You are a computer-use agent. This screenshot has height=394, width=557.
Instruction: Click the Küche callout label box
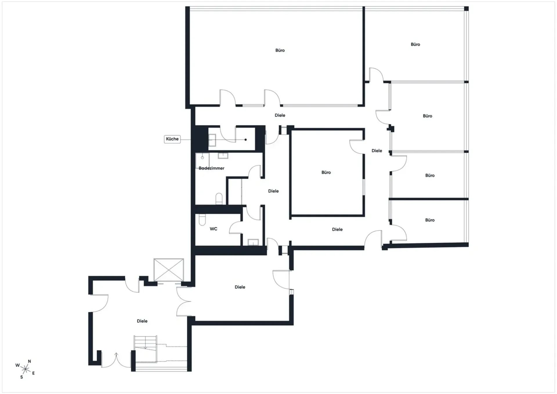[x=172, y=139]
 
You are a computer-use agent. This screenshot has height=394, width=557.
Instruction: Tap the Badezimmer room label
[x=211, y=168]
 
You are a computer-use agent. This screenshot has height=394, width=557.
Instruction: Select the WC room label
[x=214, y=229]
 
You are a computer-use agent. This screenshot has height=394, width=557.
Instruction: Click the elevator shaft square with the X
[x=169, y=270]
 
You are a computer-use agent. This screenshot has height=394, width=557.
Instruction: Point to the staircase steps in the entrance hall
[x=145, y=342]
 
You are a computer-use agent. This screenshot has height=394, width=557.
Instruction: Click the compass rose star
[x=26, y=369]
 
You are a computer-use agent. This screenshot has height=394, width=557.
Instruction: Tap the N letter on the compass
[x=29, y=361]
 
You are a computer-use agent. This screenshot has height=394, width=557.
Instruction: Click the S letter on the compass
[x=21, y=377]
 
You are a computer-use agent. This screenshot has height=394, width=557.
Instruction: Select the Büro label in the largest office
[x=280, y=50]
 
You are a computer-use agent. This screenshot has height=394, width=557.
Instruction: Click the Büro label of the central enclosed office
[x=326, y=172]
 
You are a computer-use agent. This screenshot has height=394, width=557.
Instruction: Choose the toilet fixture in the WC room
[x=202, y=220]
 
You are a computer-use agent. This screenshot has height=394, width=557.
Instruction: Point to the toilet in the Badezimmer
[x=219, y=199]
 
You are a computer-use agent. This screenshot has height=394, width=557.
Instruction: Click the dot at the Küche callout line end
[x=246, y=140]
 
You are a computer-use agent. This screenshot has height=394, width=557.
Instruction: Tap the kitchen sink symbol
[x=212, y=140]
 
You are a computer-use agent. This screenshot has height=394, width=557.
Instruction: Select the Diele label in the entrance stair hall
[x=142, y=321]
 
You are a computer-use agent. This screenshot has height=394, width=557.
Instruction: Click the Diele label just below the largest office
[x=280, y=115]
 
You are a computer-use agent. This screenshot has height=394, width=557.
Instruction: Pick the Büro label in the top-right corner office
[x=415, y=44]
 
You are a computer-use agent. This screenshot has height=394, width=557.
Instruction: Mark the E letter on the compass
[x=33, y=373]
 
